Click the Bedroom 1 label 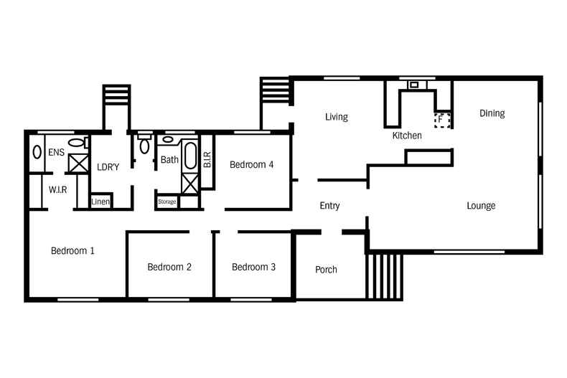[x=72, y=250]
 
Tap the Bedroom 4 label [x=252, y=165]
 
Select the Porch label [x=326, y=270]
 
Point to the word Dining [x=492, y=113]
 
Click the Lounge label [x=481, y=206]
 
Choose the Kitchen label [x=407, y=136]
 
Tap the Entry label [x=329, y=206]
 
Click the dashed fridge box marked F [x=442, y=120]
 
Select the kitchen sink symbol [x=414, y=85]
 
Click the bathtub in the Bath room [x=191, y=156]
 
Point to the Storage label [x=167, y=202]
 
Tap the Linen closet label [x=100, y=202]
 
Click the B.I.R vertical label [x=207, y=159]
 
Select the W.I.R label [x=58, y=190]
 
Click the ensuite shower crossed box [x=78, y=163]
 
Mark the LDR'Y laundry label [x=108, y=167]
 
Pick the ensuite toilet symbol [x=78, y=142]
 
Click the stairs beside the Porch [x=384, y=277]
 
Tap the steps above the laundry [x=116, y=95]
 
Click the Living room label [x=337, y=117]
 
